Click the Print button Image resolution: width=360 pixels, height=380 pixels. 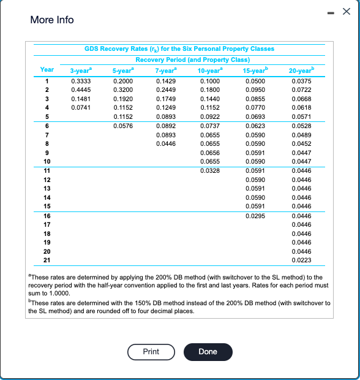151,351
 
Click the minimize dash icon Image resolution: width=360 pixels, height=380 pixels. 332,13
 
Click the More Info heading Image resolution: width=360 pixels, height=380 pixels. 52,20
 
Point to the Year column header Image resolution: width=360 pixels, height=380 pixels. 47,70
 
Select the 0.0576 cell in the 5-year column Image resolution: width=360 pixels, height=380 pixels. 123,125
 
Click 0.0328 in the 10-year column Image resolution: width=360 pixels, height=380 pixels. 209,170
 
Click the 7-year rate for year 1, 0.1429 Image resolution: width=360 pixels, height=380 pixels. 165,80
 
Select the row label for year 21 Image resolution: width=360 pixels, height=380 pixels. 47,260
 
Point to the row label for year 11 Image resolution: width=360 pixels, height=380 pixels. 47,170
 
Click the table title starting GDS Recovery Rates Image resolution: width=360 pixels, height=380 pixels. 179,48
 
